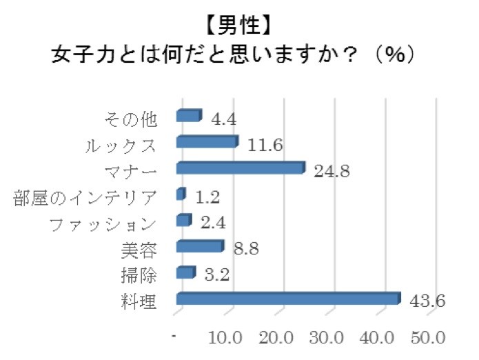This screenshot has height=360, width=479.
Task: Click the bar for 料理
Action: [x=288, y=299]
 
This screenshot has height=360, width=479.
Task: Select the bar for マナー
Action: [x=240, y=168]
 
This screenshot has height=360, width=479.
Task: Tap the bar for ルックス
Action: [x=207, y=142]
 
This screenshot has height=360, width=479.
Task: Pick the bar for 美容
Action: [x=200, y=246]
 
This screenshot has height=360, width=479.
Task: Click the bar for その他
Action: [x=189, y=115]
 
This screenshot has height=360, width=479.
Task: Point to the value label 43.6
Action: [x=427, y=301]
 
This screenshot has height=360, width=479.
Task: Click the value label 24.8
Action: [x=332, y=170]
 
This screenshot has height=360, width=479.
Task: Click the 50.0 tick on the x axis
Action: [x=429, y=339]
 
